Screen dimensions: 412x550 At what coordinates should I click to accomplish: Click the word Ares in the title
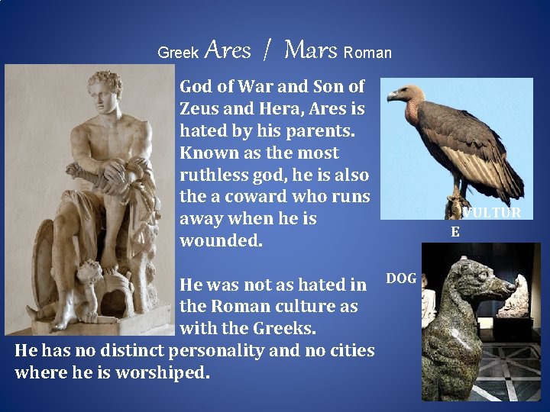point(228,51)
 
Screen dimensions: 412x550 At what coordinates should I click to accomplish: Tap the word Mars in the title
point(310,51)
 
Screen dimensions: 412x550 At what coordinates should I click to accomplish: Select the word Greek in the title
point(177,53)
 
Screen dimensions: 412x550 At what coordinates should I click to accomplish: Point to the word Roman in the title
point(367,53)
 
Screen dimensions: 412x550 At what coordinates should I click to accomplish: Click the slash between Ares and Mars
point(266,51)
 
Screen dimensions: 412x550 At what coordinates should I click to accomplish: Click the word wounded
point(220,240)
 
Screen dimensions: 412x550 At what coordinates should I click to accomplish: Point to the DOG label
point(401,278)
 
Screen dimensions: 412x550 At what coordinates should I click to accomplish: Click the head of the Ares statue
point(106,90)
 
